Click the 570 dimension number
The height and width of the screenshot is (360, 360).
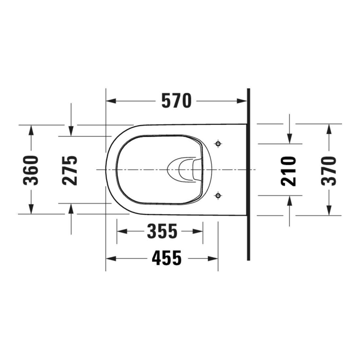(x=176, y=100)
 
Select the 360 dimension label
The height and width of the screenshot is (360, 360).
(x=31, y=170)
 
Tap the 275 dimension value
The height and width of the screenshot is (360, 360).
(x=70, y=170)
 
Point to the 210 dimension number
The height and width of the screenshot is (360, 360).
(x=289, y=171)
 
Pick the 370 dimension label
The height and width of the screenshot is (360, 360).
(x=329, y=171)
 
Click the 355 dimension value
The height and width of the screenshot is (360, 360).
(x=162, y=231)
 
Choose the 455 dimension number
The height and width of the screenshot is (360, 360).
(x=167, y=259)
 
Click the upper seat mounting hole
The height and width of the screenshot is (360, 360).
(x=218, y=144)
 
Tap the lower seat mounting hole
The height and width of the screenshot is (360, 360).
(x=218, y=196)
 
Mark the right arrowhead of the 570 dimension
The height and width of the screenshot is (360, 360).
(x=242, y=101)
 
